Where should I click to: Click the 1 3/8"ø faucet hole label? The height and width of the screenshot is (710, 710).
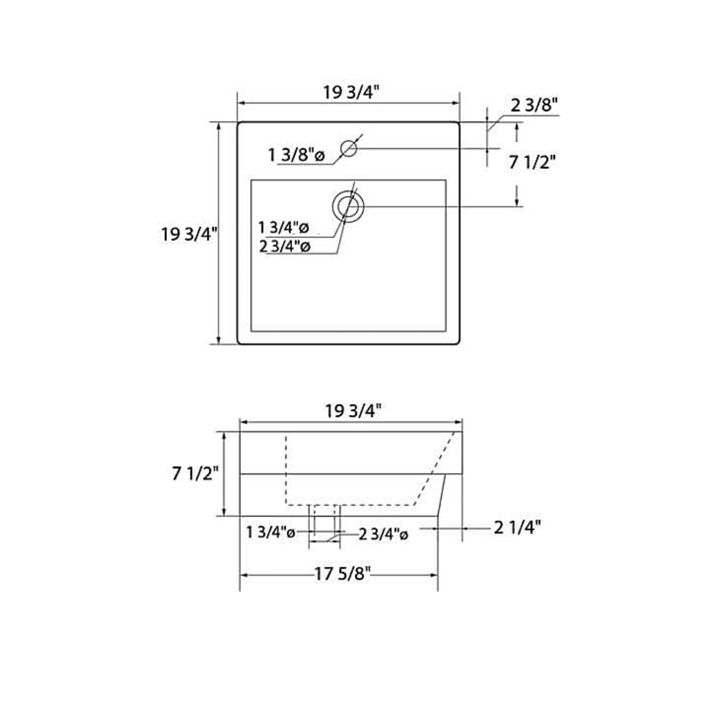pyautogui.click(x=296, y=156)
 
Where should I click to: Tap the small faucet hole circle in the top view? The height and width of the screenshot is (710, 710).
pyautogui.click(x=348, y=148)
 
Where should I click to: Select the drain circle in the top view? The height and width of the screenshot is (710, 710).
pyautogui.click(x=348, y=206)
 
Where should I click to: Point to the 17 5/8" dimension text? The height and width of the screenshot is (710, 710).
pyautogui.click(x=342, y=573)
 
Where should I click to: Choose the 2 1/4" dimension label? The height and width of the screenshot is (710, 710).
pyautogui.click(x=517, y=528)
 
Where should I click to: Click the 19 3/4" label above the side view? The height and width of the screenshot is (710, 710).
pyautogui.click(x=353, y=411)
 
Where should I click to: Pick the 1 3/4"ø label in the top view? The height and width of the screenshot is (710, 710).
pyautogui.click(x=284, y=228)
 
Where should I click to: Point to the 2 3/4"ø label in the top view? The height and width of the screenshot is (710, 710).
pyautogui.click(x=284, y=247)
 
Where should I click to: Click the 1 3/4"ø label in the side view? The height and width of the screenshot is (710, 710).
pyautogui.click(x=271, y=532)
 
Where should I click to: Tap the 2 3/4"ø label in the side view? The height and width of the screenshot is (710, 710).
pyautogui.click(x=383, y=534)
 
